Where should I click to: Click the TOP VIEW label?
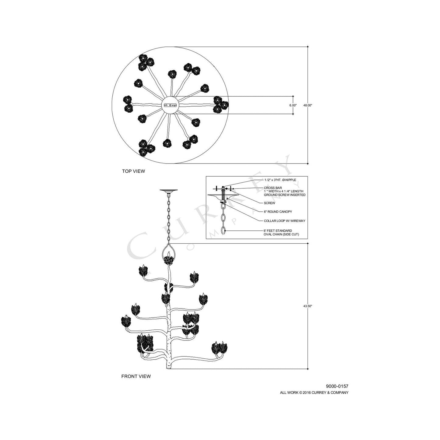click(133, 171)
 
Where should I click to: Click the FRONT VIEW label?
click(136, 376)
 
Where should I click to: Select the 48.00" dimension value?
click(308, 105)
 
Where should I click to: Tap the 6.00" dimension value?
click(293, 105)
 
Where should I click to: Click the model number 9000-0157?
click(337, 386)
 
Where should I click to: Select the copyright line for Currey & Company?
click(314, 392)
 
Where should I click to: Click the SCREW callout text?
click(269, 203)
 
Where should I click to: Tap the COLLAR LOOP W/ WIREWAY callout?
click(284, 221)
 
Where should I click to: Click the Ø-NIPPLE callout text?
click(280, 180)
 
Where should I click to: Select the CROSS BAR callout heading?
click(273, 188)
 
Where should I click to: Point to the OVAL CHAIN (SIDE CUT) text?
click(281, 234)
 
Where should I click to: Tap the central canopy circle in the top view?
click(170, 105)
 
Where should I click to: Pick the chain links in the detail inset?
click(224, 218)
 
